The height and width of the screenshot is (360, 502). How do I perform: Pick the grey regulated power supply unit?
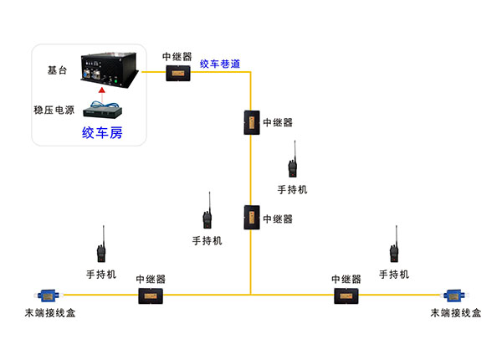[x=102, y=109]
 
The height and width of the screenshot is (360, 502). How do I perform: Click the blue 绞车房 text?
[x=101, y=132]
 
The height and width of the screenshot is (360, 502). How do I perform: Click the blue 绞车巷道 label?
[x=220, y=63]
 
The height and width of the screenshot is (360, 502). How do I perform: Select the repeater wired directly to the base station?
[x=177, y=73]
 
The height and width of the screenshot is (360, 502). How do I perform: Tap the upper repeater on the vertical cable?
[x=250, y=121]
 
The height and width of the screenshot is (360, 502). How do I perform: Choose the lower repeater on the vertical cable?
[x=250, y=219]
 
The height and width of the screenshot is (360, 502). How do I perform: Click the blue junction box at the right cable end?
[x=454, y=295]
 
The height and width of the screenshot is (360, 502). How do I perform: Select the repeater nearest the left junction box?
[x=151, y=295]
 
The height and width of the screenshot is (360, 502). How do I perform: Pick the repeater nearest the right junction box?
[x=346, y=295]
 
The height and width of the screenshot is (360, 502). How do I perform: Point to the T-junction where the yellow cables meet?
[x=250, y=294]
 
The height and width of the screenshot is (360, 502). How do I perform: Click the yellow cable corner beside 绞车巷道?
[x=250, y=73]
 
